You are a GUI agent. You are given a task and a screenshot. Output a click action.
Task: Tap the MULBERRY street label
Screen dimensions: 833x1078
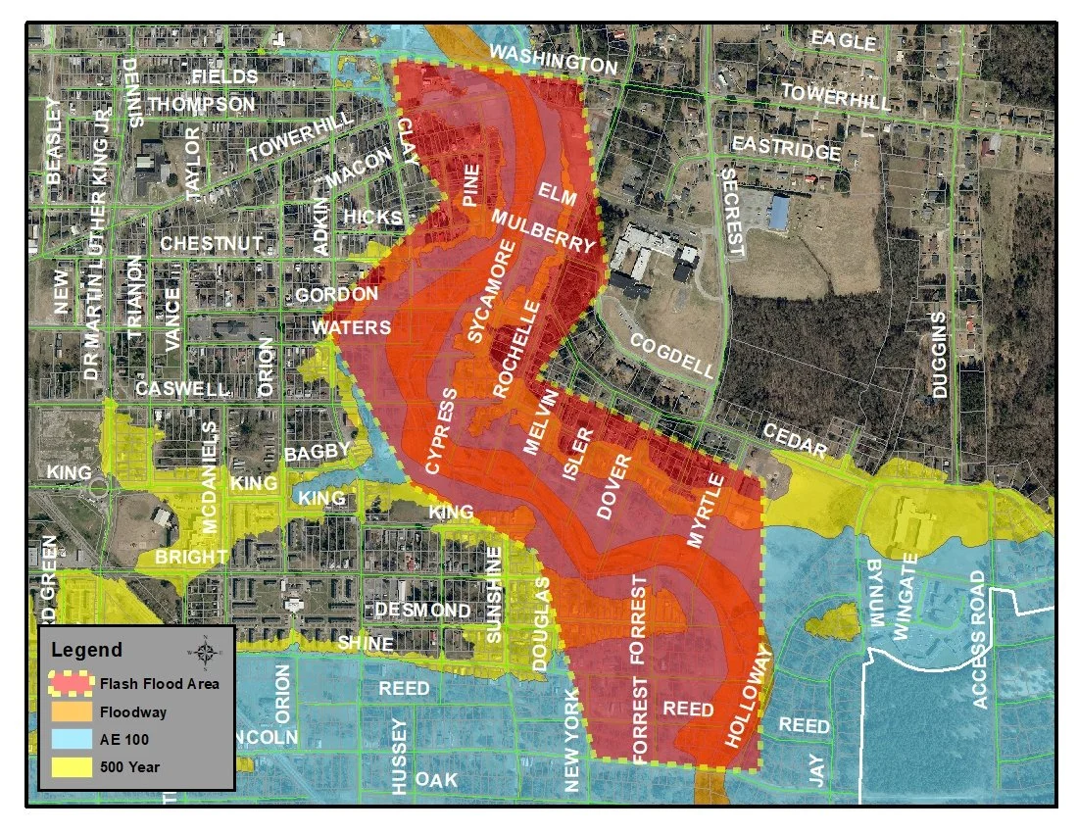(543, 231)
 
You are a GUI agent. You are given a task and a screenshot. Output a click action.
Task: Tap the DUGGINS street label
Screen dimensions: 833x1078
(939, 355)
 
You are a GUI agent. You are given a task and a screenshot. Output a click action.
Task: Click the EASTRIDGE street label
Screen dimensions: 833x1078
(786, 148)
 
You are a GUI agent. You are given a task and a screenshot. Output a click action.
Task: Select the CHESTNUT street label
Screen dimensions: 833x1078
(212, 242)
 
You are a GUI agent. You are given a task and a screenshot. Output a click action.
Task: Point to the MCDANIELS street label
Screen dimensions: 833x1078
(209, 478)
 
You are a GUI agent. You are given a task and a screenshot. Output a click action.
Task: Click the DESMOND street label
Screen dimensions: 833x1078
(422, 610)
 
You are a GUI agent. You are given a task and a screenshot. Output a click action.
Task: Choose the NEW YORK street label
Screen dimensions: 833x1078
(572, 740)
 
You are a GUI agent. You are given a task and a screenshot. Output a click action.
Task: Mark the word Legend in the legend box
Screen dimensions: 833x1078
(86, 650)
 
